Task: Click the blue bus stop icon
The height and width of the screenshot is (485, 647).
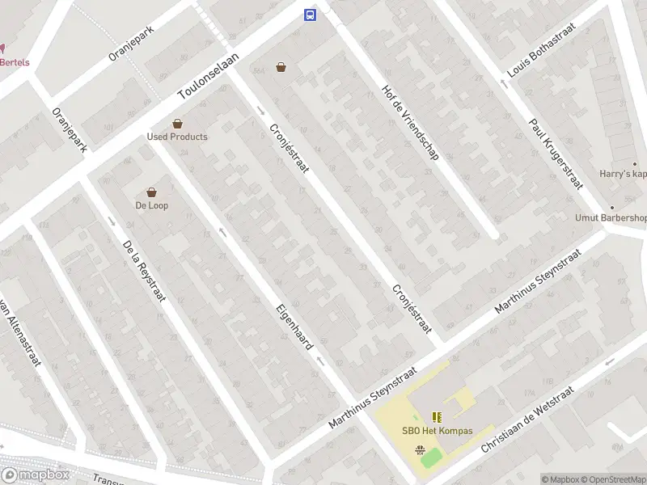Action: (309, 15)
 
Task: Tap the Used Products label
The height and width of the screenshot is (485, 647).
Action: (177, 137)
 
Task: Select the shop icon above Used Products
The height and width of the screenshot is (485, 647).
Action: (177, 124)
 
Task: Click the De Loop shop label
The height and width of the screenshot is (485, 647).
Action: (151, 205)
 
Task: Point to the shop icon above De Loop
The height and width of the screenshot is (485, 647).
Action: (151, 192)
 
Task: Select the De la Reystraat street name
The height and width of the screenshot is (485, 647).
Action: (144, 271)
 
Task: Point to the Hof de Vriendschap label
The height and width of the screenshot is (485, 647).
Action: (410, 120)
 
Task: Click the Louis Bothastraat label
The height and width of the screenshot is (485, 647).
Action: (535, 55)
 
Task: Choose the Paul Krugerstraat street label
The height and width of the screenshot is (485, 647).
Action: (556, 154)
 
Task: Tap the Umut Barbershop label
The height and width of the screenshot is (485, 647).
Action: (612, 217)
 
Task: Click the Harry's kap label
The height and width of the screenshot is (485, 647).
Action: (624, 174)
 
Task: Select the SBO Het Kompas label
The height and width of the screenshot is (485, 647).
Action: (438, 431)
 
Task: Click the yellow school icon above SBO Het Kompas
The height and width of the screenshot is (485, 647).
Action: (438, 417)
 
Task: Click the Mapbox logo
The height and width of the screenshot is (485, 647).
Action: (36, 475)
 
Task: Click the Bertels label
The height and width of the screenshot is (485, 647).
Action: (15, 62)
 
